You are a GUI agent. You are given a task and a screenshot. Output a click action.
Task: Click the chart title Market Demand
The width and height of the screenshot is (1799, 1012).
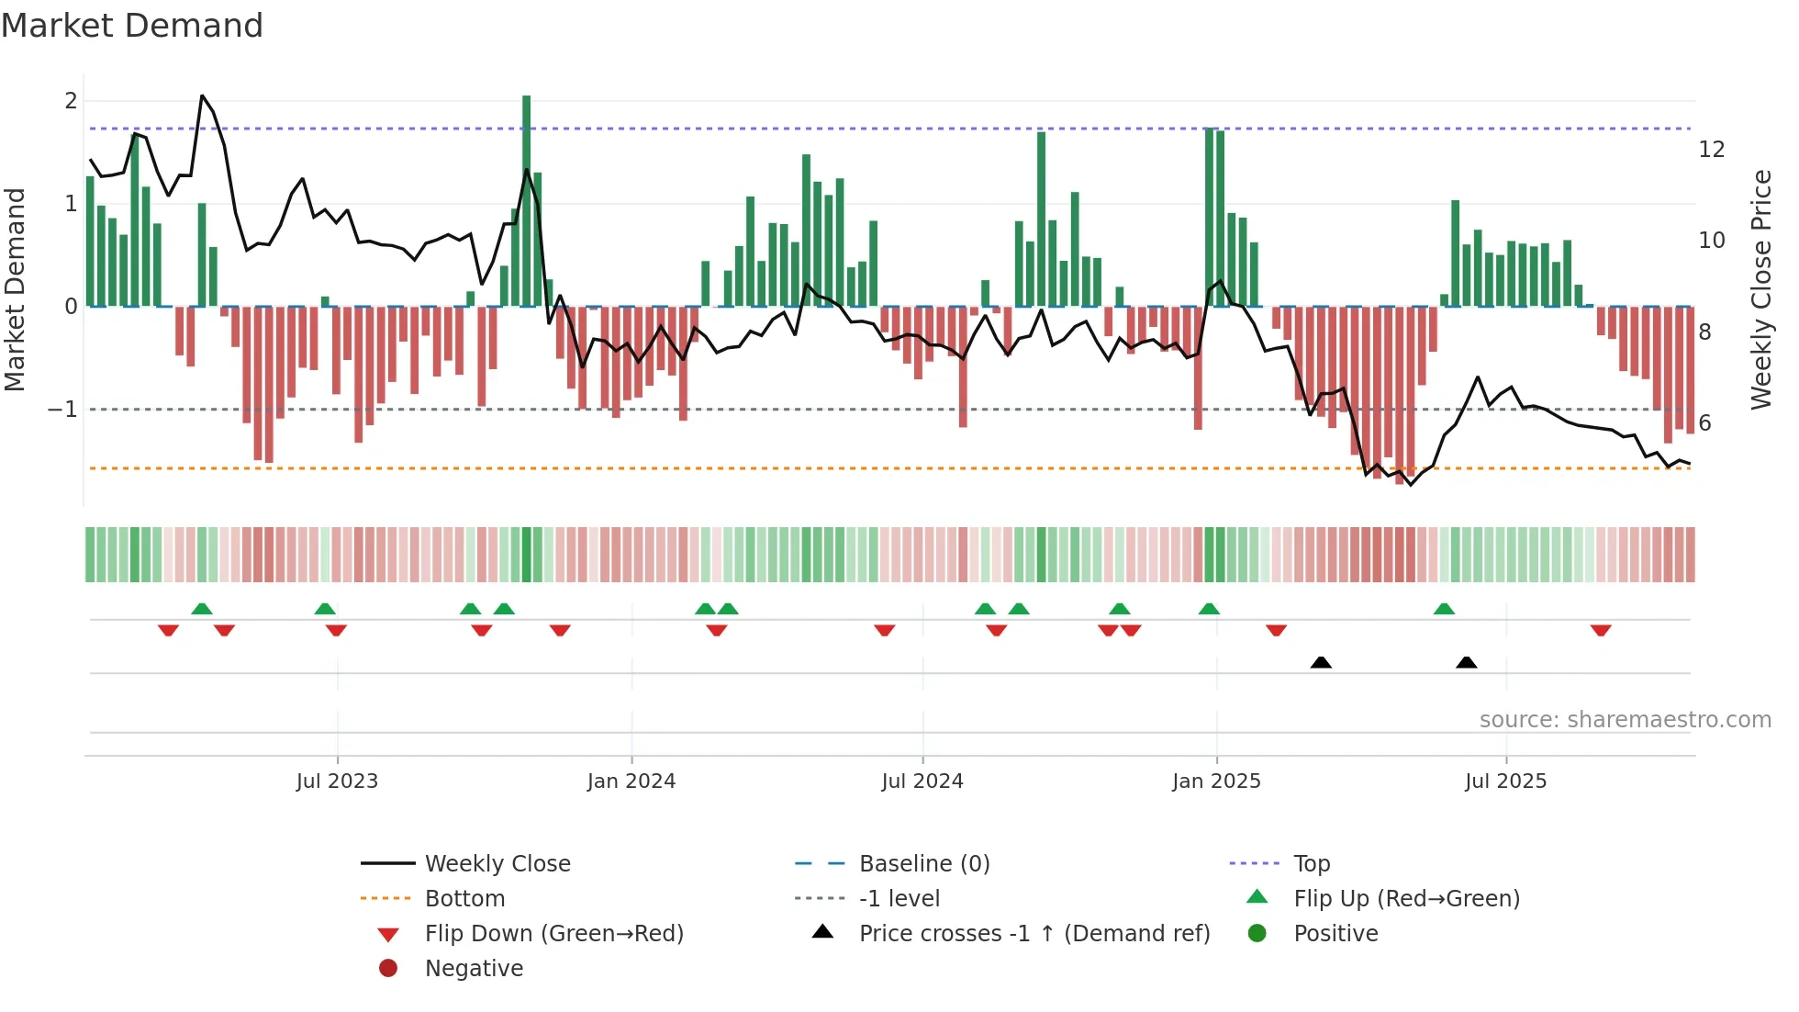[132, 26]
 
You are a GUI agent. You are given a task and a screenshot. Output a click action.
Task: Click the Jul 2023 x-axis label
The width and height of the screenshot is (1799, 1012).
[337, 781]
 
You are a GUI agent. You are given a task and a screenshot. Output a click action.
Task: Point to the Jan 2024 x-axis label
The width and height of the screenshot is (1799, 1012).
[631, 781]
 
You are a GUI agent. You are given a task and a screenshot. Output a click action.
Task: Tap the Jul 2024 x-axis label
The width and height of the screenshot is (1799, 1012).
[922, 781]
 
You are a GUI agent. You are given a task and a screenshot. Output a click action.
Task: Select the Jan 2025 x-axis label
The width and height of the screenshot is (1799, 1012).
[1216, 781]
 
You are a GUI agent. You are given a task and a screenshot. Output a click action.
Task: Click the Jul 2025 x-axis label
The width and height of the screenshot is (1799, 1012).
[1506, 781]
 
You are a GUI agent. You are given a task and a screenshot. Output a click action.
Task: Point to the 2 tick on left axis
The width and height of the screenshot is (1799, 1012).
[71, 101]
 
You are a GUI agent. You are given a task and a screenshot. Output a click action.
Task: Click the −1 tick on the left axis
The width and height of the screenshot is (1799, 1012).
[63, 409]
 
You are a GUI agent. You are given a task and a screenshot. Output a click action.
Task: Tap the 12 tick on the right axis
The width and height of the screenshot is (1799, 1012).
[1712, 150]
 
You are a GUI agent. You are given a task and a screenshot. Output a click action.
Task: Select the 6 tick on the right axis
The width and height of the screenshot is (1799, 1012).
[1705, 423]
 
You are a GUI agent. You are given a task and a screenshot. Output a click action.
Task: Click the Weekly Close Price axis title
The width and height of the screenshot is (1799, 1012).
[1760, 289]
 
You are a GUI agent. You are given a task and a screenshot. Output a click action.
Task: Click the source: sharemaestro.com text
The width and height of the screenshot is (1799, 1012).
[1625, 720]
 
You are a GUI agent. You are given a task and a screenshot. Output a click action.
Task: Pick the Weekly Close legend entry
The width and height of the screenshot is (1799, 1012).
[497, 864]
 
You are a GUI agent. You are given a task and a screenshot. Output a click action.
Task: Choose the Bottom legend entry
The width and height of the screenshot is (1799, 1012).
[464, 899]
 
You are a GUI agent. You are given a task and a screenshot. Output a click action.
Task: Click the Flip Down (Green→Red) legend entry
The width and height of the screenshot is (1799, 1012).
[553, 934]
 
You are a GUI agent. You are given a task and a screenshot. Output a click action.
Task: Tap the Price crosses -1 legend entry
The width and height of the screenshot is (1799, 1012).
[1034, 934]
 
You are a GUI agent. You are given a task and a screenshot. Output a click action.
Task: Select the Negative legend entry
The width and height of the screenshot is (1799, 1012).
[474, 969]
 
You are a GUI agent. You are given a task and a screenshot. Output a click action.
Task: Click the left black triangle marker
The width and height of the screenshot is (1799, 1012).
[1321, 662]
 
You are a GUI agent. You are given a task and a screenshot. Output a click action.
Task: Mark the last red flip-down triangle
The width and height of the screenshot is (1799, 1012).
[1601, 630]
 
